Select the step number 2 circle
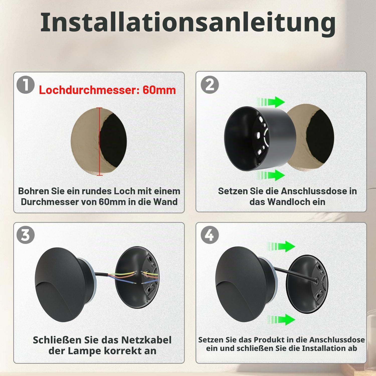[x=210, y=84]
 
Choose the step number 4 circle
[x=210, y=235]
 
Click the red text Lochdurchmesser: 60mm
[x=107, y=90]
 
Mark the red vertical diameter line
[x=100, y=141]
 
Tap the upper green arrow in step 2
[x=270, y=102]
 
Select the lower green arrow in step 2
[x=270, y=175]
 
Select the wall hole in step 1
[x=99, y=141]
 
